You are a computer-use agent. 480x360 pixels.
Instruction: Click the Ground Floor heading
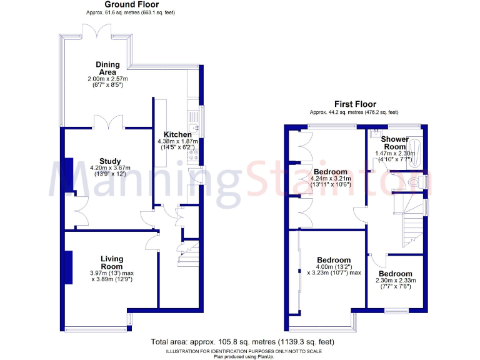coord(112,4)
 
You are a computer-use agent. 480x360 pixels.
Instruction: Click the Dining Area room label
coord(107,68)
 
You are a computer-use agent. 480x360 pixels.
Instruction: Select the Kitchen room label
coord(177,135)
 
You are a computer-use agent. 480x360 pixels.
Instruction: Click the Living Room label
coord(112,262)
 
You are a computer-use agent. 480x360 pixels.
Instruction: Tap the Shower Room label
coord(395,143)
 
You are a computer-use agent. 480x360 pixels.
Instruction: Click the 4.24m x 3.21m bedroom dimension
coord(331,181)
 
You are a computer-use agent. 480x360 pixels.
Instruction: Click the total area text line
coord(242,342)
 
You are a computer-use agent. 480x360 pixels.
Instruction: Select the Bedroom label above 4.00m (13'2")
coord(333,260)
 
